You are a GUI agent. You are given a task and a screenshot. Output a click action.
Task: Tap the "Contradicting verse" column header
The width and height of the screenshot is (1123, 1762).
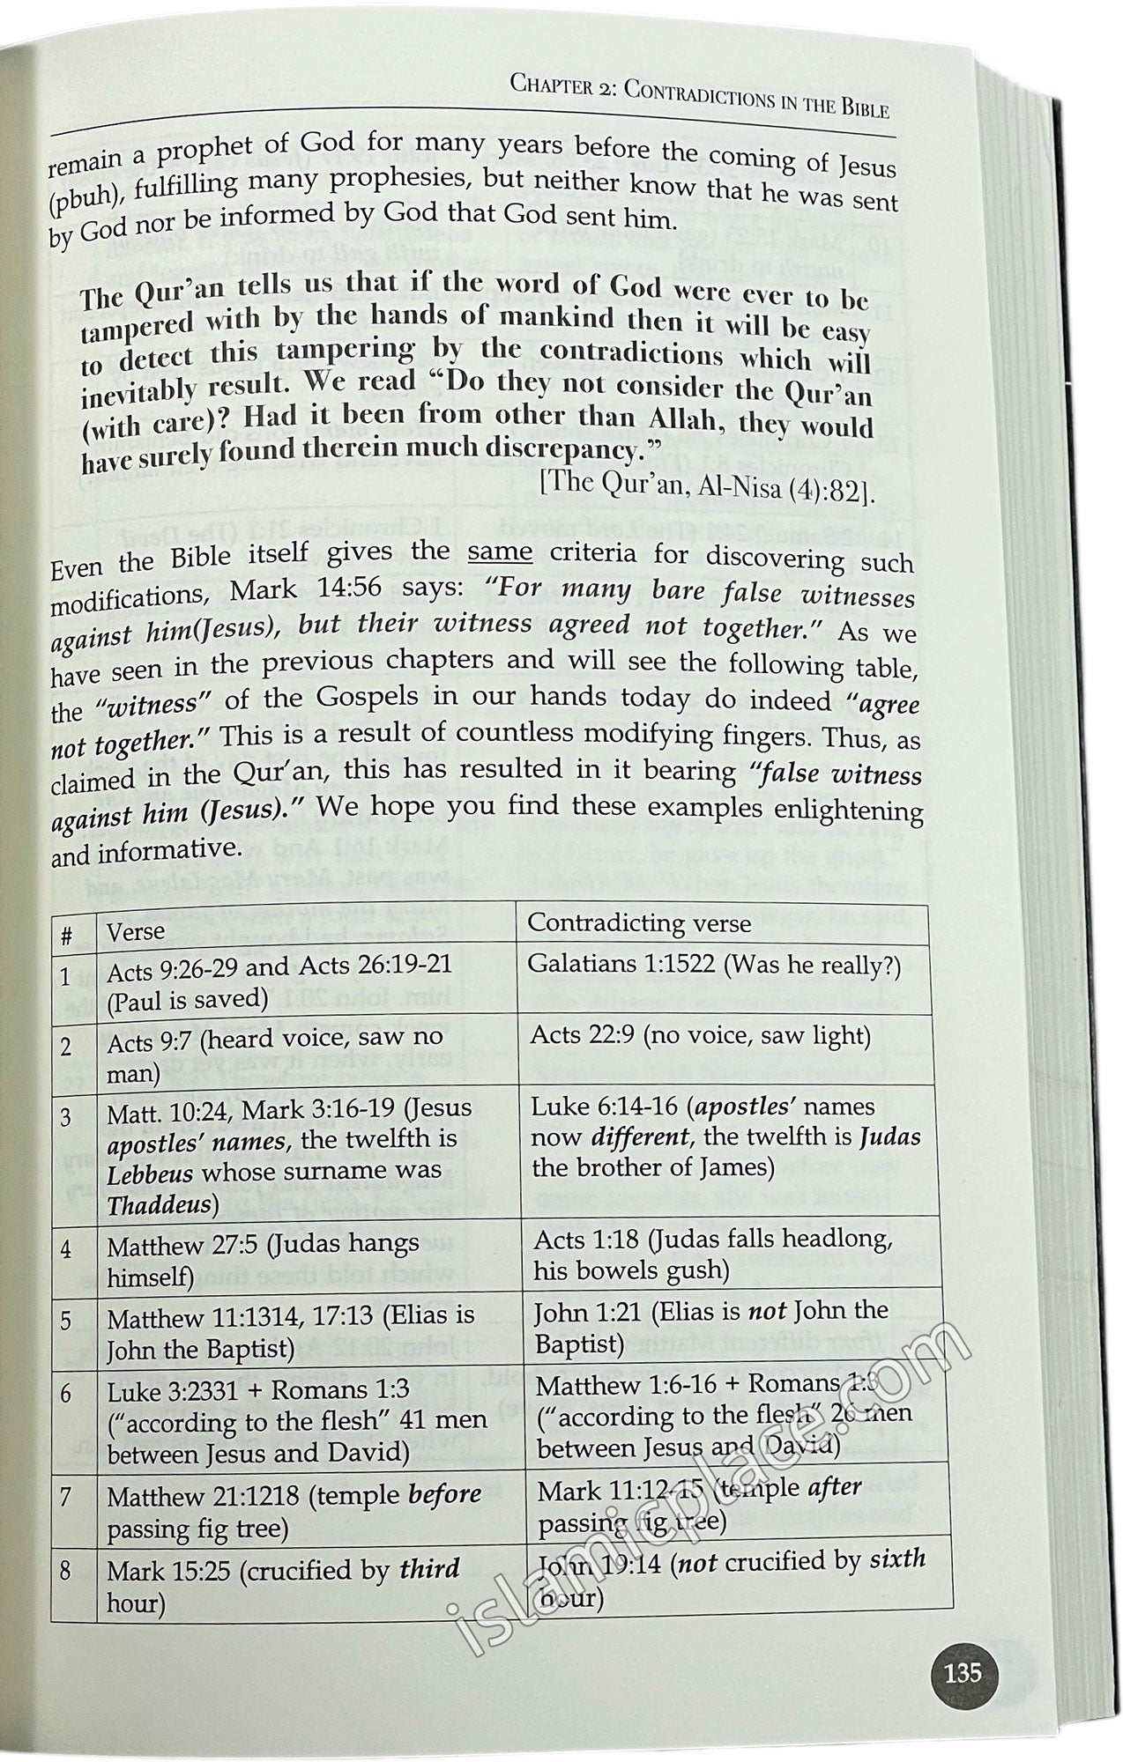[638, 922]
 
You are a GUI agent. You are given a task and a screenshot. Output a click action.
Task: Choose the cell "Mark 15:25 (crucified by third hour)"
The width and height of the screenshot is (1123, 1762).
[282, 1584]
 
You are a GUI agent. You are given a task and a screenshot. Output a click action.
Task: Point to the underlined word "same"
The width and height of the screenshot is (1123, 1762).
[500, 552]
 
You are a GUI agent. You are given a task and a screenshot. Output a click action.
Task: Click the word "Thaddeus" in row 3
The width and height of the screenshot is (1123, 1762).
[160, 1204]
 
